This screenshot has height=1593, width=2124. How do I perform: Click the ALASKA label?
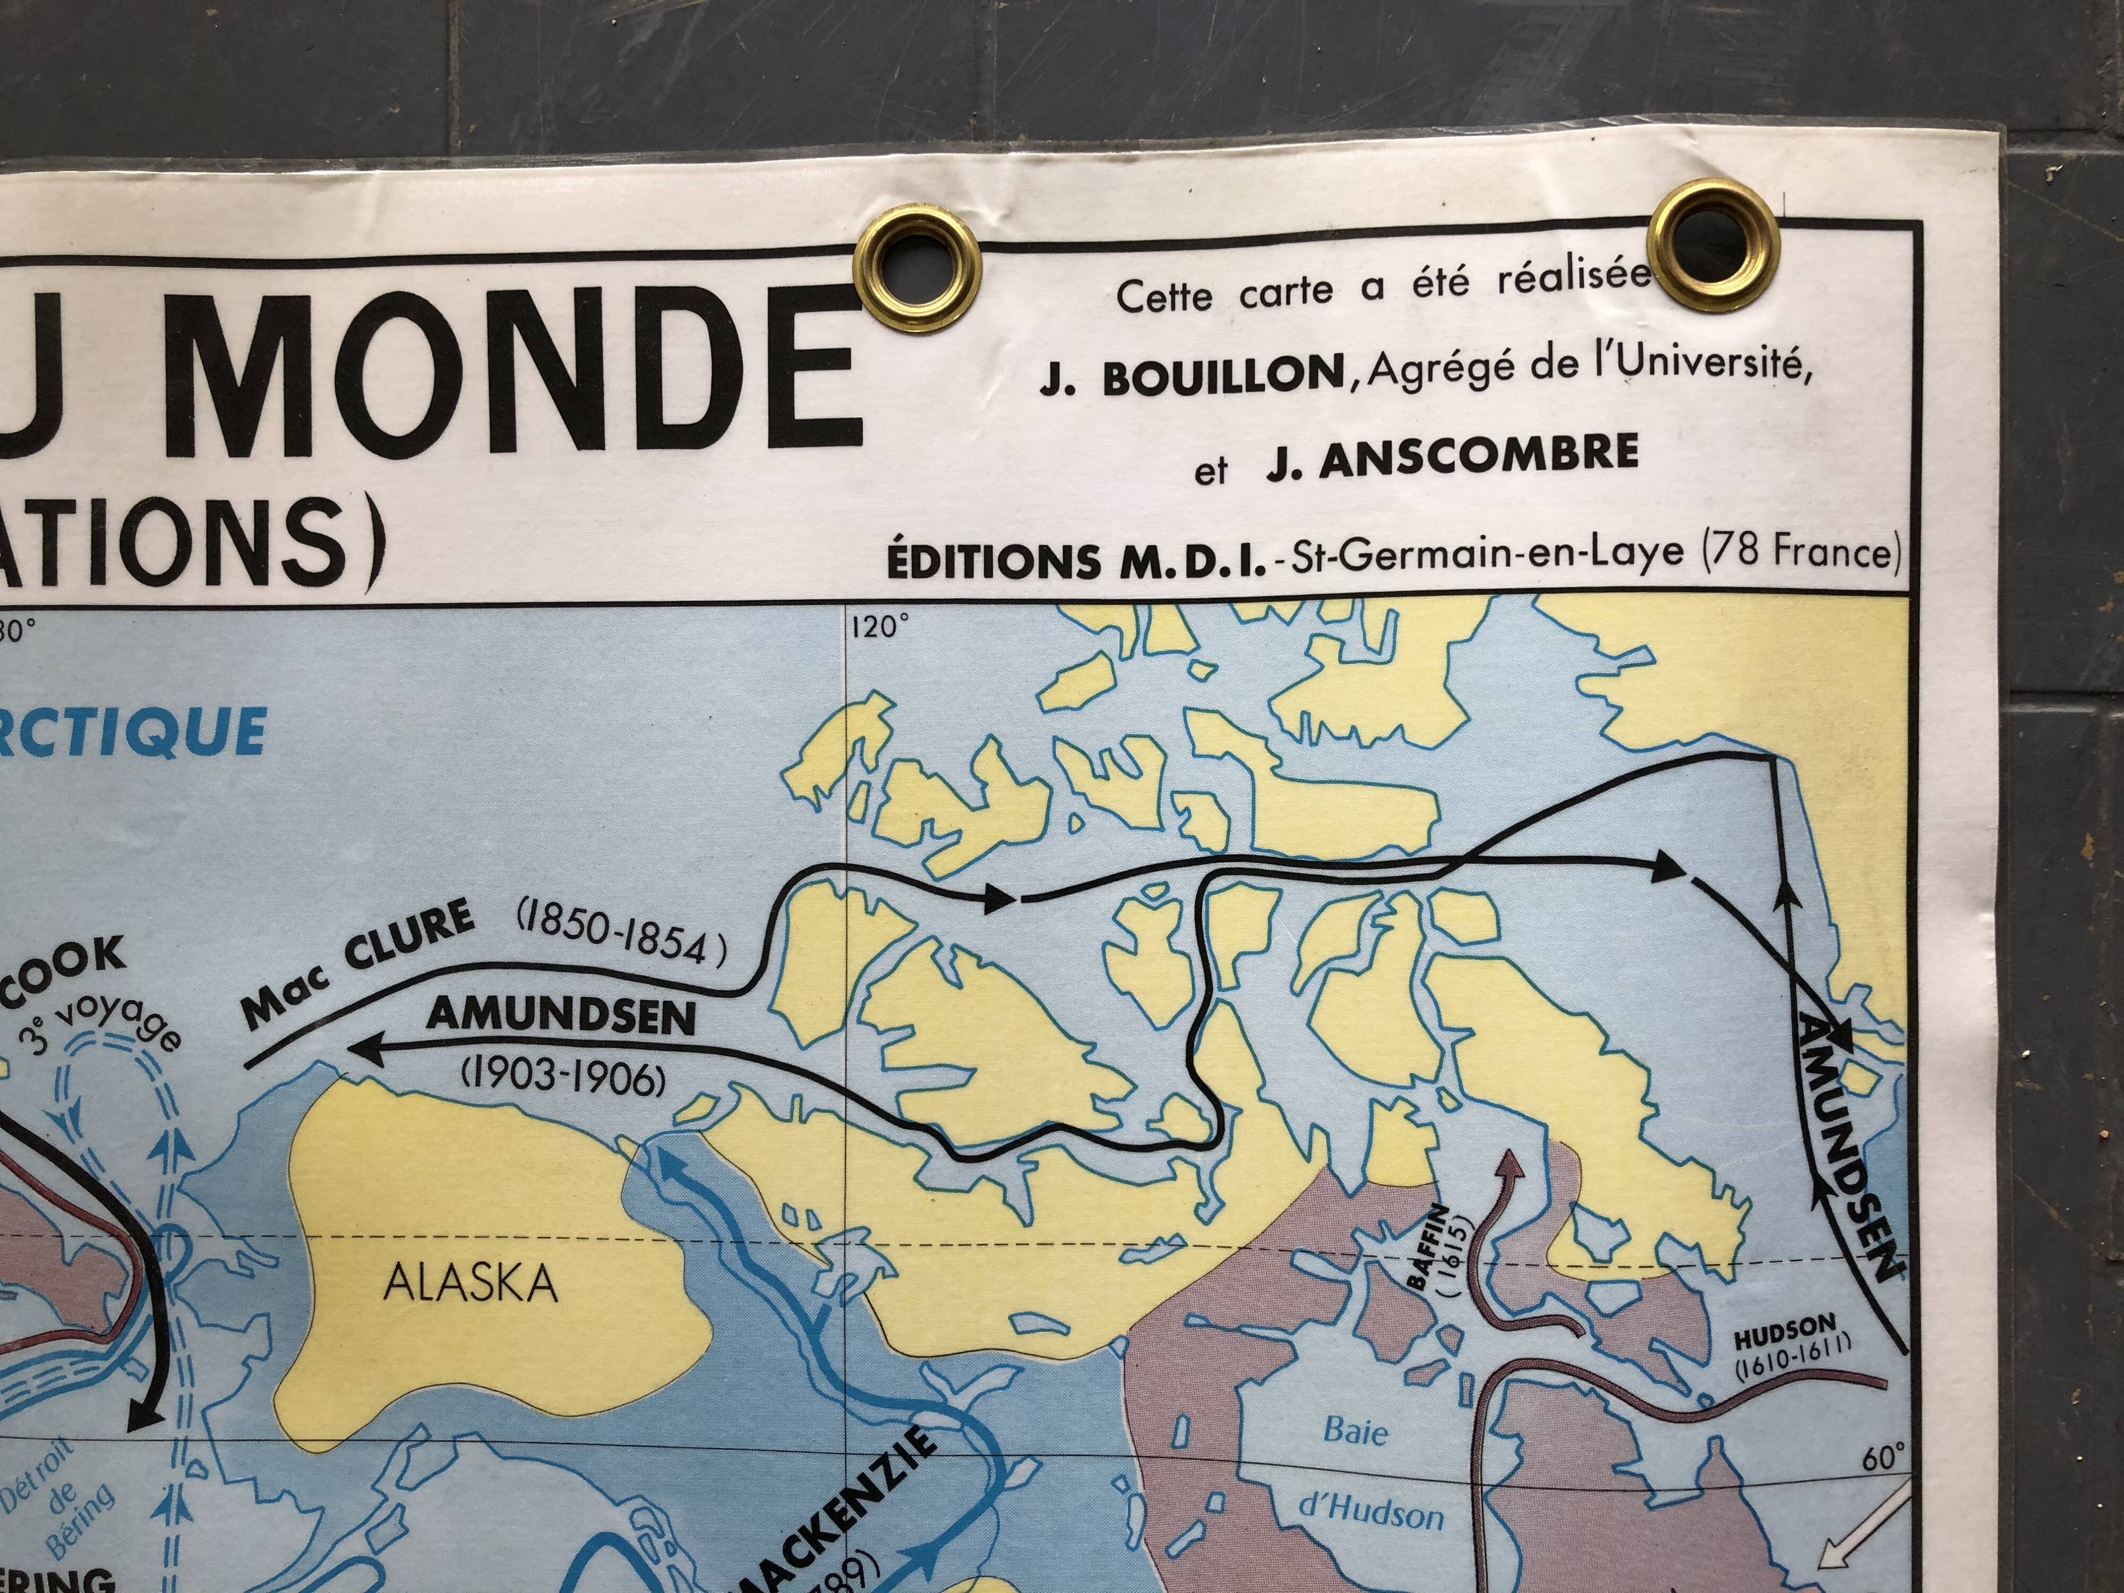click(x=470, y=1283)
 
